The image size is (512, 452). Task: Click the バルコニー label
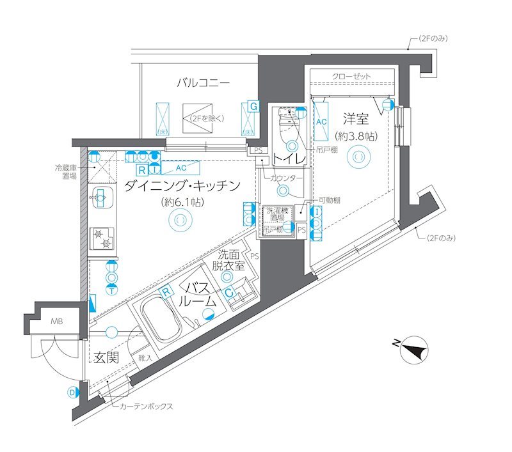coord(204,82)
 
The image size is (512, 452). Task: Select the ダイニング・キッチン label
coord(182,186)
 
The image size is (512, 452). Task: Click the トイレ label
coord(286,158)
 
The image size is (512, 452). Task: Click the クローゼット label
coord(351,77)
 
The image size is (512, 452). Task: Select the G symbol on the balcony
coord(254,105)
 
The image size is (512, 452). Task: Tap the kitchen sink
coord(100,198)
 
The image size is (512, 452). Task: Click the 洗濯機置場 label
coord(276,214)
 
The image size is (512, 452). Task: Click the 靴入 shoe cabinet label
coord(145,359)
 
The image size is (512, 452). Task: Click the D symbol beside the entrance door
coord(72,393)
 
